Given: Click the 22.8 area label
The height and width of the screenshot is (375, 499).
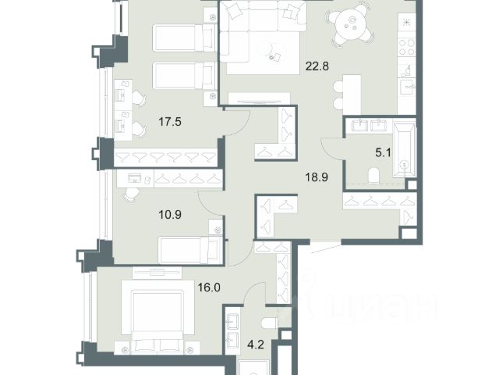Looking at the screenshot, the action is tap(317, 66).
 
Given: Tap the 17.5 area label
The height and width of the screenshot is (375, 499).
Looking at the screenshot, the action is tap(170, 122).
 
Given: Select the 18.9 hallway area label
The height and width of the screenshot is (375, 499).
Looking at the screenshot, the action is tap(317, 177).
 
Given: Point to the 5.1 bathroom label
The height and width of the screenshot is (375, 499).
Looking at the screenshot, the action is tap(383, 153).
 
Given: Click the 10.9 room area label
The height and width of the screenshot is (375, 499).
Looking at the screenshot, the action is tap(170, 214).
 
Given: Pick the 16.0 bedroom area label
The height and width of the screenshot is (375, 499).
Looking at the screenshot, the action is tap(209, 287).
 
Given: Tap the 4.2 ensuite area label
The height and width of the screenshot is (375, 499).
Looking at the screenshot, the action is tap(256, 345).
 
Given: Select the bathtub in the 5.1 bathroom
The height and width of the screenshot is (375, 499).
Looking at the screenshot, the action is tap(405, 151).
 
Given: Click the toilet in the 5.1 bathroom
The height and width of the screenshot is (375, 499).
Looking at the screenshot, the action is tap(373, 176).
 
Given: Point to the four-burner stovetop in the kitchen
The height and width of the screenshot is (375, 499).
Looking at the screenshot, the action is tap(407, 47).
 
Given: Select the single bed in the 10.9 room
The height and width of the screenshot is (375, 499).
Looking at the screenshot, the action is tap(190, 250).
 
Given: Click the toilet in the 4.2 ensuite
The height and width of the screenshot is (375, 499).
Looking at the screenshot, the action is tap(271, 323).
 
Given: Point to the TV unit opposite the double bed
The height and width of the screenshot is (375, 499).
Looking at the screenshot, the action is tap(157, 273).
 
